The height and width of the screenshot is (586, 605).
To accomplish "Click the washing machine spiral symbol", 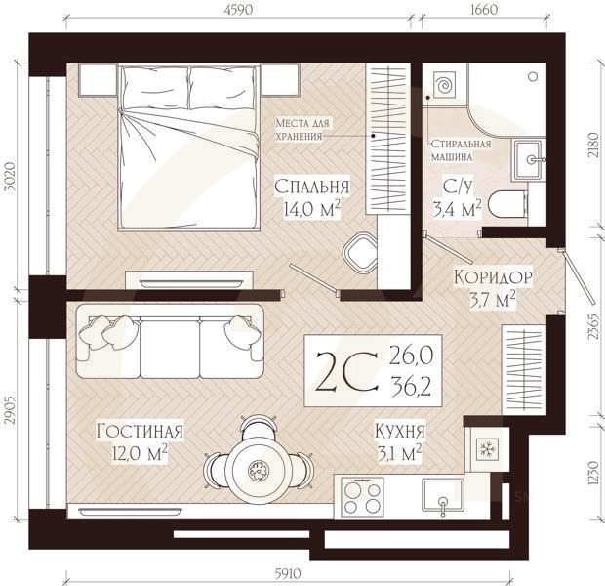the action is (x=444, y=85).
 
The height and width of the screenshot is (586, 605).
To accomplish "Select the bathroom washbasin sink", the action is (x=529, y=159).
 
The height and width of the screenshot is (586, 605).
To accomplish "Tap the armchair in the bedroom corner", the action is (x=360, y=252).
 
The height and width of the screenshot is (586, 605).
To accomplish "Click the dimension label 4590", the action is (x=238, y=9).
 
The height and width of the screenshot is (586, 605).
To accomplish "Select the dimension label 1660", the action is (x=483, y=9).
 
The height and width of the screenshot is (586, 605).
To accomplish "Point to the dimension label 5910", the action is (x=288, y=574).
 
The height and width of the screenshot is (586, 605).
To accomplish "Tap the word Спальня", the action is (x=311, y=187).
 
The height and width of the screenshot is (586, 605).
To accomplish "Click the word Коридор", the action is (x=493, y=277).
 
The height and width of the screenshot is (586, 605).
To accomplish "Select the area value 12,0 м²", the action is (x=140, y=453).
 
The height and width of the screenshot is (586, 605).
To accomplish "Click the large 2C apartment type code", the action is (x=344, y=371).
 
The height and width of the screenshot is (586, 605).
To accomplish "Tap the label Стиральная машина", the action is (x=461, y=150).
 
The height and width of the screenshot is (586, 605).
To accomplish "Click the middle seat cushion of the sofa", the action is (x=169, y=348).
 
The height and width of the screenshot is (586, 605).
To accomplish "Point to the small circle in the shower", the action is (x=534, y=77).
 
